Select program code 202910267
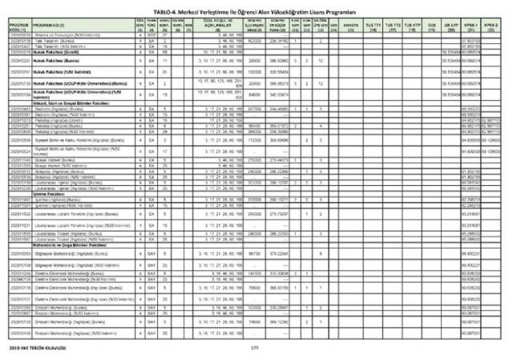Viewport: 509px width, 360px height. [x=15, y=61]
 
